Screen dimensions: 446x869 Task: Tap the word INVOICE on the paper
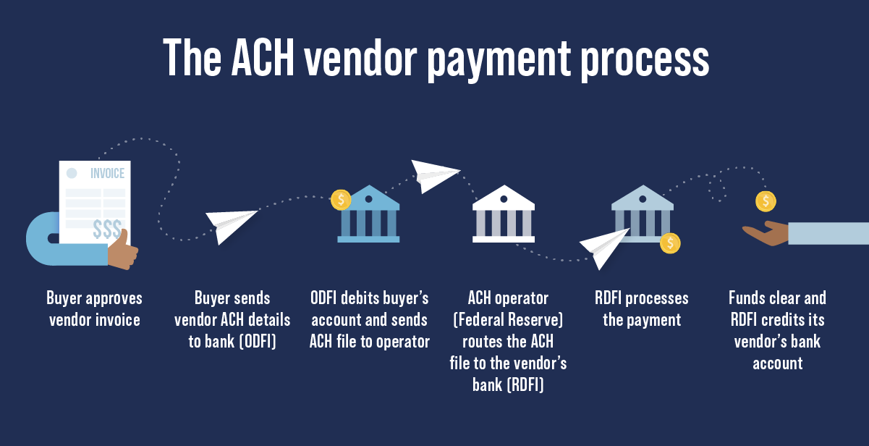pos(107,174)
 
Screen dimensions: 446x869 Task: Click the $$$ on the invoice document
pos(107,230)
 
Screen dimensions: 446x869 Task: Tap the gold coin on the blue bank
pos(341,200)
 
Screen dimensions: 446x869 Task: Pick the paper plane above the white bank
pos(434,176)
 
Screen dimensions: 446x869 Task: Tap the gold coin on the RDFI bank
pos(670,243)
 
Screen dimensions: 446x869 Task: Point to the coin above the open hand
pos(766,201)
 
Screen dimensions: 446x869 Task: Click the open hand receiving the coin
pos(767,233)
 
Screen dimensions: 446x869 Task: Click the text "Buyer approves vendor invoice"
pos(95,308)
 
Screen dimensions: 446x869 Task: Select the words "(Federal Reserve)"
pos(508,319)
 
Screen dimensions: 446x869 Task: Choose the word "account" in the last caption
pos(777,363)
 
